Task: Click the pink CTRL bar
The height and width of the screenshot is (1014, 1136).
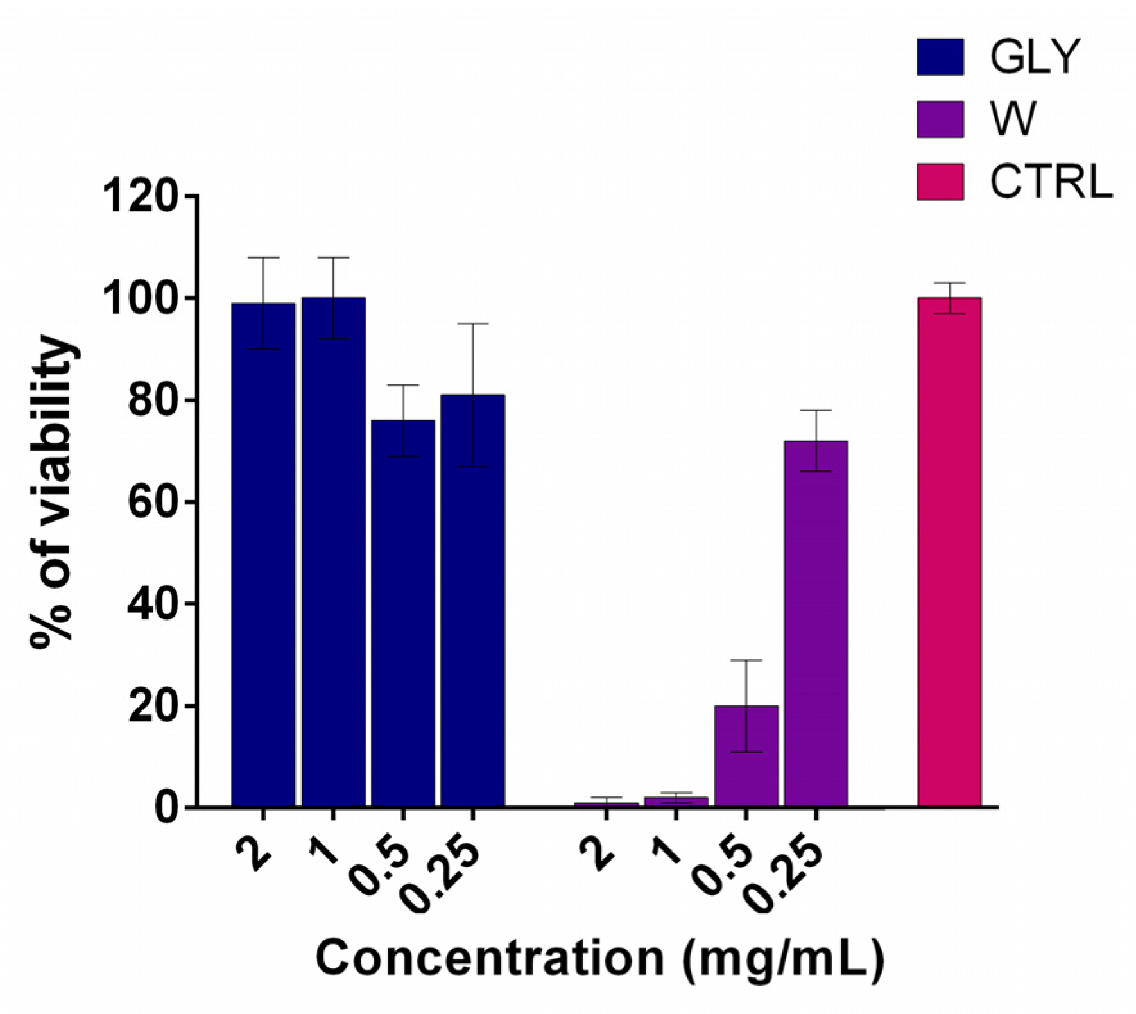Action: pyautogui.click(x=949, y=552)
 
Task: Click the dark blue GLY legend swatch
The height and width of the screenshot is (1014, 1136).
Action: pyautogui.click(x=940, y=57)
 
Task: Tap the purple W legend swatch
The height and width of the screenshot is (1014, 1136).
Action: pyautogui.click(x=940, y=119)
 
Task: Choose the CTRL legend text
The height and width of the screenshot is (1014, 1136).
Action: pyautogui.click(x=1050, y=182)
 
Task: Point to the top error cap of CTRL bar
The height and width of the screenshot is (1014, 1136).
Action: pyautogui.click(x=949, y=283)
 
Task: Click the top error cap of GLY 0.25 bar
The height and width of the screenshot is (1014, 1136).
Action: pyautogui.click(x=472, y=324)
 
